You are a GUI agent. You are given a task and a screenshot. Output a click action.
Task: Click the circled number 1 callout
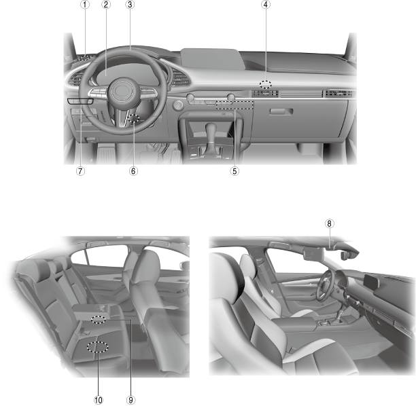point(85,5)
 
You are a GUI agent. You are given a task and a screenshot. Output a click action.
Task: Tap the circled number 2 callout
point(106,5)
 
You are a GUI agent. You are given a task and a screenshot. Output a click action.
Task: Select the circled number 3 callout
point(130,5)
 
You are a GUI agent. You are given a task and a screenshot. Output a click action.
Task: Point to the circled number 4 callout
point(266,5)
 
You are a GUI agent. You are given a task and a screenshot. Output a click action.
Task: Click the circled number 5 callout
point(235,171)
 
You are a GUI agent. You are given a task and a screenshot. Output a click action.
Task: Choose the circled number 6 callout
point(133,171)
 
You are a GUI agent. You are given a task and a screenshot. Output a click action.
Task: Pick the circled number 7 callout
point(81,171)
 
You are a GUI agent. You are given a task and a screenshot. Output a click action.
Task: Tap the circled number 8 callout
point(329,223)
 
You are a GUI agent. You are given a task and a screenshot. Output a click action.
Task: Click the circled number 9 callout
point(131,400)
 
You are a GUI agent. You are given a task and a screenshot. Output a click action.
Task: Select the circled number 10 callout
point(98,400)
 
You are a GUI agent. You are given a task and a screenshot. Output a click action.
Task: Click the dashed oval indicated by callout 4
point(266,85)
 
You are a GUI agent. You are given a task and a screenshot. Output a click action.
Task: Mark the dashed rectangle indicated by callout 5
point(235,105)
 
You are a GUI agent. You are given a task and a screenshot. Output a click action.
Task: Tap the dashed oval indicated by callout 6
point(133,118)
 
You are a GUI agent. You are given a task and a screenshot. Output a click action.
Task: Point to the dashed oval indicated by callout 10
point(98,347)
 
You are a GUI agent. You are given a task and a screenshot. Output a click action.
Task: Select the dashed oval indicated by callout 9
point(98,320)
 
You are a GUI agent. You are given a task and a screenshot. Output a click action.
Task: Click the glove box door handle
point(281,111)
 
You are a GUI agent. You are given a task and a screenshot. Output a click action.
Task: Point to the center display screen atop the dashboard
point(213,58)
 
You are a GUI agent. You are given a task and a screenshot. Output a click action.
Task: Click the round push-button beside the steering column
point(178,105)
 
